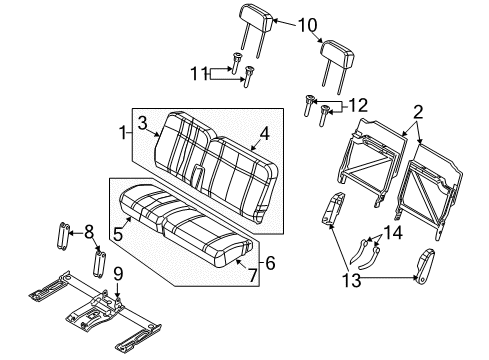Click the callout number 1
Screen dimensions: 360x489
click(x=123, y=133)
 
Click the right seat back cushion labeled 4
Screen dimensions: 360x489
click(x=240, y=170)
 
